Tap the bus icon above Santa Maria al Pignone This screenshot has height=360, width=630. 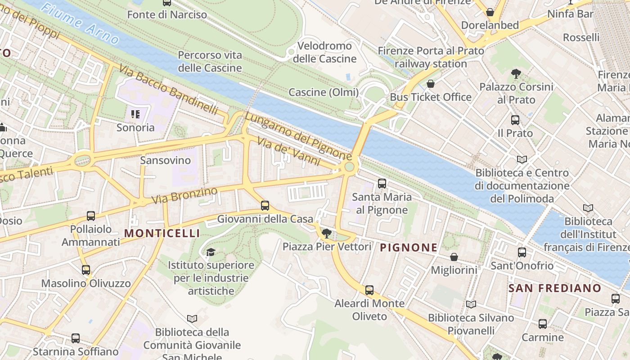pyautogui.click(x=382, y=183)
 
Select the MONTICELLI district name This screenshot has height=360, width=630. pyautogui.click(x=162, y=233)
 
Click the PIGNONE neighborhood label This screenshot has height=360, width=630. pyautogui.click(x=409, y=247)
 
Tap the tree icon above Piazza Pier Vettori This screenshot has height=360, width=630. pyautogui.click(x=327, y=233)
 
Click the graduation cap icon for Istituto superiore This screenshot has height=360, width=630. pyautogui.click(x=211, y=252)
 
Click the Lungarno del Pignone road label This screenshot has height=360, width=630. pyautogui.click(x=298, y=136)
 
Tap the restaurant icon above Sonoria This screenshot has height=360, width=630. pyautogui.click(x=135, y=114)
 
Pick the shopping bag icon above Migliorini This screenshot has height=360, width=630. pyautogui.click(x=454, y=257)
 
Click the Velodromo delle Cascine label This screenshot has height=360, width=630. pyautogui.click(x=325, y=52)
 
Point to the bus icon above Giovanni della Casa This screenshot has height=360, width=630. pyautogui.click(x=265, y=206)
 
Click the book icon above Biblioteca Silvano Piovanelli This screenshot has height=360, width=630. pyautogui.click(x=471, y=305)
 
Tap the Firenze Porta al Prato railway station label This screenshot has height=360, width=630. pyautogui.click(x=431, y=57)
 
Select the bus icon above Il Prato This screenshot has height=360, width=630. pyautogui.click(x=515, y=120)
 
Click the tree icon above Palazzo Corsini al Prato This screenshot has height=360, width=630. pyautogui.click(x=516, y=73)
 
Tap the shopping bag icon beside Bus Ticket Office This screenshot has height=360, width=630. pyautogui.click(x=431, y=84)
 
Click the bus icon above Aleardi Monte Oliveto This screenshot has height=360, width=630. pyautogui.click(x=369, y=290)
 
